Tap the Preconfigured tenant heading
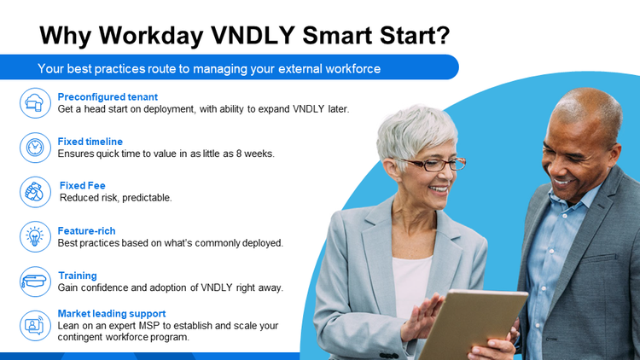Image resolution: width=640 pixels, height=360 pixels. point(108,96)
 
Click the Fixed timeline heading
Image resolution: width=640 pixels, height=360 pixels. point(90,142)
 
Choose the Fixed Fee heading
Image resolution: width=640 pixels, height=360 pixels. point(83,185)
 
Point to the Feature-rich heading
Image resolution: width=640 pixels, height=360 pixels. point(86,230)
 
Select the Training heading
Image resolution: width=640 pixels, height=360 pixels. point(78,276)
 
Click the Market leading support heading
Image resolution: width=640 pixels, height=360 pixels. point(112,313)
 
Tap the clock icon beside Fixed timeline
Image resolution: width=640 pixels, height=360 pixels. point(35,148)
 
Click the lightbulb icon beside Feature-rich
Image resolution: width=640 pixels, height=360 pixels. point(35,236)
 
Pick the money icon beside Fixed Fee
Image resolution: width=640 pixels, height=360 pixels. point(35,192)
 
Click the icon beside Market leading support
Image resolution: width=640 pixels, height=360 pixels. point(35,325)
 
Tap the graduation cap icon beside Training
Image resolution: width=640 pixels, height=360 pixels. point(35,281)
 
